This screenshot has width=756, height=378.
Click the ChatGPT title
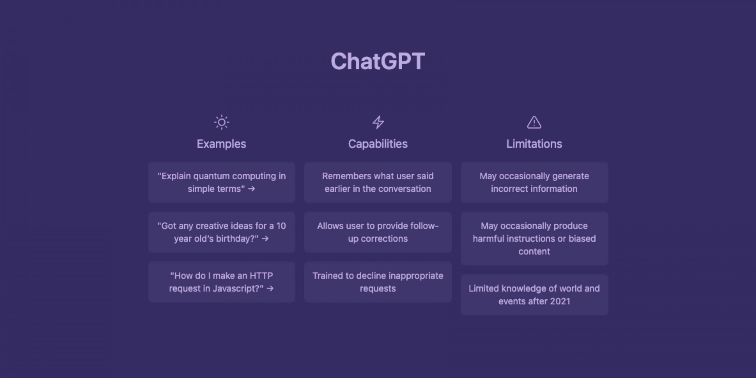tap(378, 61)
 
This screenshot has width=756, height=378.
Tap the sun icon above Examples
tap(221, 122)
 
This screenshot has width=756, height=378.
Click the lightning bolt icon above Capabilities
tap(378, 122)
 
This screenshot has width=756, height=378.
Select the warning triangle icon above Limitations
tap(534, 122)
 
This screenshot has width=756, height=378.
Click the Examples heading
tap(221, 144)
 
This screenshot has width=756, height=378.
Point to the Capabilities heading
tap(378, 144)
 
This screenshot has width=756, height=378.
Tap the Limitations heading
tap(534, 144)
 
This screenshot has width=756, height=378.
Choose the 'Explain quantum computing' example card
tap(222, 182)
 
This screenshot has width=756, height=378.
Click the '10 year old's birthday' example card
tap(222, 232)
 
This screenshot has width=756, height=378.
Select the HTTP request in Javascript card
tap(222, 282)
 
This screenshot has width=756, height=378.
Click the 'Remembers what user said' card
tap(378, 182)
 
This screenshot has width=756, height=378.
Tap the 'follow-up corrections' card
tap(378, 232)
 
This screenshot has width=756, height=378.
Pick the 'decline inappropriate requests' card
tap(378, 282)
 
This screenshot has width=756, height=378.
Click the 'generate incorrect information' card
tap(534, 182)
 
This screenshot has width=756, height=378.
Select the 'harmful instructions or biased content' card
tap(534, 238)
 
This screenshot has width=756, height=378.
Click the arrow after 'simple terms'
tap(252, 189)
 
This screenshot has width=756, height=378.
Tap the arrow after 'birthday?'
tap(265, 239)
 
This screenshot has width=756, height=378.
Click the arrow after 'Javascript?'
tap(270, 289)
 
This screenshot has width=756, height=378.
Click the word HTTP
tap(261, 276)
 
